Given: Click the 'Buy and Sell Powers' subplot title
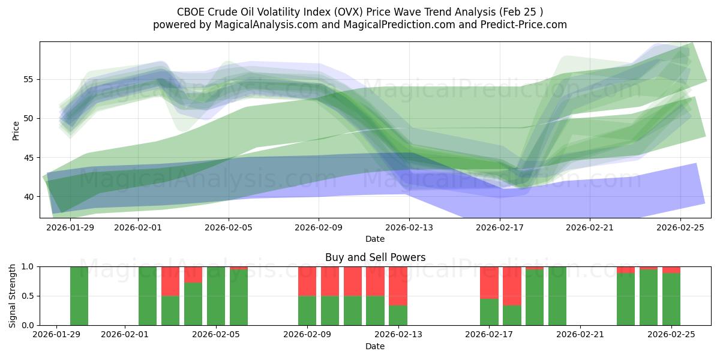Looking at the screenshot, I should tap(375, 257).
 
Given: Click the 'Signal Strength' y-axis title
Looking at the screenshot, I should tap(13, 296).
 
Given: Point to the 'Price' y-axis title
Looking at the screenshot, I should tap(16, 130).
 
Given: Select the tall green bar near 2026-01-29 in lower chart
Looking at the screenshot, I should tap(79, 296).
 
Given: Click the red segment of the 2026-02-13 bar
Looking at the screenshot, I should tap(398, 286).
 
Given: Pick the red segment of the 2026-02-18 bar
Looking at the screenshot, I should tap(512, 286).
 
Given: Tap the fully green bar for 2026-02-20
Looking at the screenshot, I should tap(557, 296).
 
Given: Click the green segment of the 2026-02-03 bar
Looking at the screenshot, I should tap(170, 310).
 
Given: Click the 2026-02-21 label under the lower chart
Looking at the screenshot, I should tap(580, 335).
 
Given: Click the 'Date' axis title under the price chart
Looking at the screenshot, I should tap(375, 239).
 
